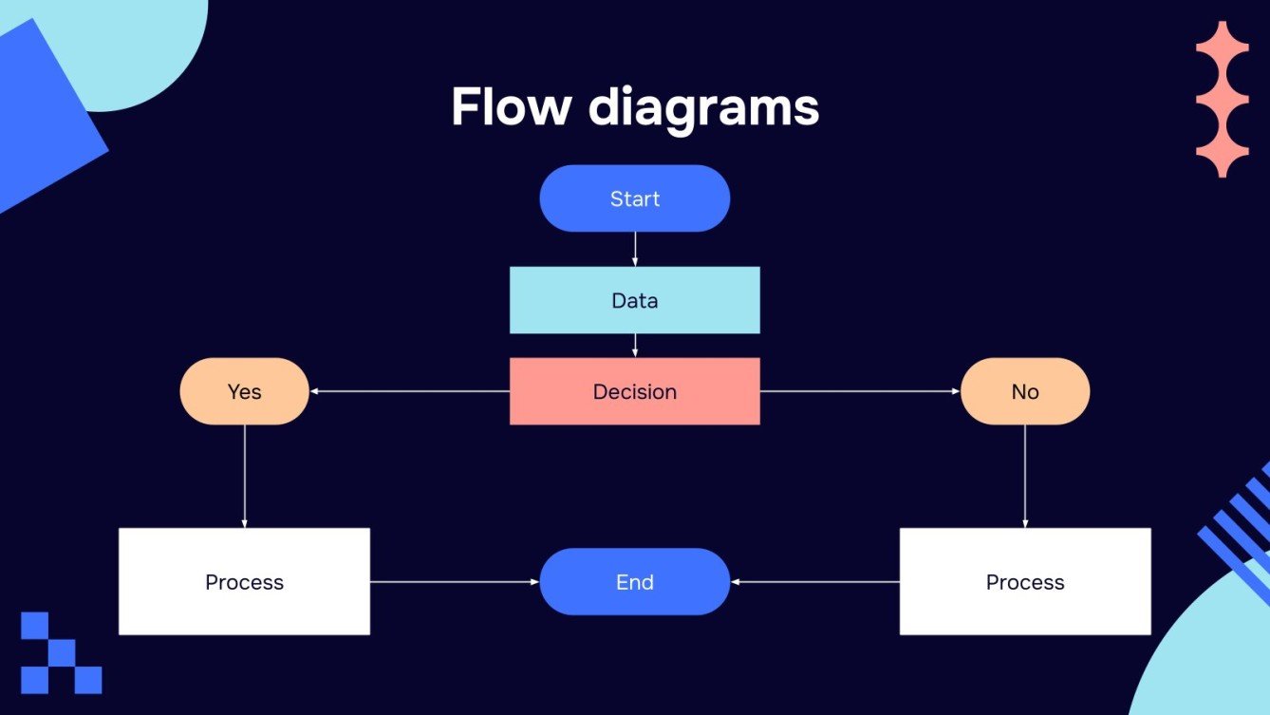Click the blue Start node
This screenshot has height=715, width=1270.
click(x=634, y=198)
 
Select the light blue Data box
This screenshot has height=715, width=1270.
click(x=634, y=300)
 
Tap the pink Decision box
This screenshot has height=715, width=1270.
click(x=634, y=391)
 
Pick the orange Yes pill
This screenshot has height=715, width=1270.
click(x=244, y=391)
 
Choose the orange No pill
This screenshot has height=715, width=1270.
click(x=1025, y=391)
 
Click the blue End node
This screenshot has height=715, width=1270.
click(x=634, y=581)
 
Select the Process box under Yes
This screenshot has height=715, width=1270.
click(x=244, y=581)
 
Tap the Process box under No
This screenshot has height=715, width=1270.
click(x=1025, y=581)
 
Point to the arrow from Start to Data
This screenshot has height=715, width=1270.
click(x=634, y=249)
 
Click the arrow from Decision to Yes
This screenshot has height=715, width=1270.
click(x=408, y=391)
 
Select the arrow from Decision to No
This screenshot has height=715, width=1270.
click(x=860, y=391)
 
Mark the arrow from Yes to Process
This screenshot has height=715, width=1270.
click(x=244, y=475)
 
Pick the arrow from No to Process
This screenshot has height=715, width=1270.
click(x=1025, y=475)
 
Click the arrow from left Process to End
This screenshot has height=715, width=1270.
click(x=454, y=581)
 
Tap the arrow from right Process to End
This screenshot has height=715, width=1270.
click(x=814, y=581)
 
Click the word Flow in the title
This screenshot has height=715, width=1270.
click(x=510, y=106)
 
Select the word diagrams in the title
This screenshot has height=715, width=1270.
click(x=703, y=108)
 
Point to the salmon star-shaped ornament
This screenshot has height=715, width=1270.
click(x=1222, y=100)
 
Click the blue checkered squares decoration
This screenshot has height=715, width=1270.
click(x=61, y=652)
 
